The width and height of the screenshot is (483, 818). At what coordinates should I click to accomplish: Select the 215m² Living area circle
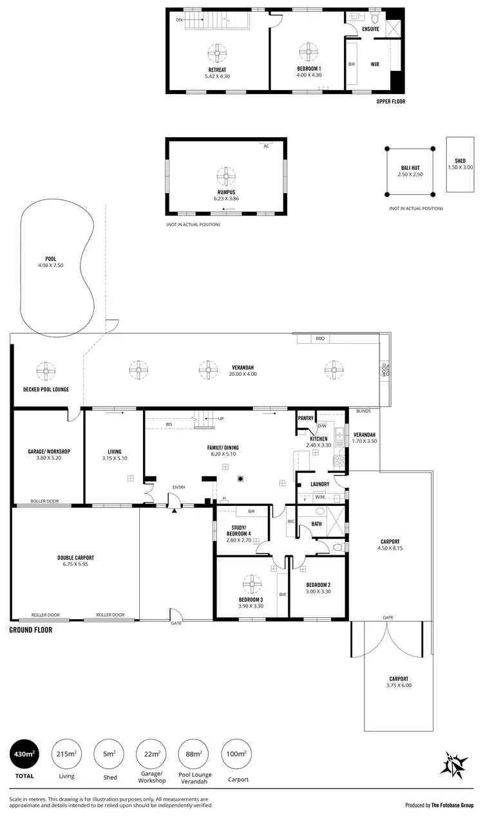66,753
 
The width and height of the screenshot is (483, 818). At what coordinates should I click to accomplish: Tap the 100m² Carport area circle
237,753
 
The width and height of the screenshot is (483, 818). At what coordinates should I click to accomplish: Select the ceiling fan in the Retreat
217,51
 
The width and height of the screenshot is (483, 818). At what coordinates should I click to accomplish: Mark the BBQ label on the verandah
320,338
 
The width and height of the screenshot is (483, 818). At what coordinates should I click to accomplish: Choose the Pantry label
306,418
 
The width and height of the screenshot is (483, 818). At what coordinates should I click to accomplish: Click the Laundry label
320,484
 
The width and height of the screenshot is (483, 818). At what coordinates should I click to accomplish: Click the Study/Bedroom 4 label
239,534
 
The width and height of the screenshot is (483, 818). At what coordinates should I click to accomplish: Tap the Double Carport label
75,557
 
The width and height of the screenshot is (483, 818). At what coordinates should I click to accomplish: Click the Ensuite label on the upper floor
370,29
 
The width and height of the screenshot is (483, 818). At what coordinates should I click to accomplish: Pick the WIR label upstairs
375,64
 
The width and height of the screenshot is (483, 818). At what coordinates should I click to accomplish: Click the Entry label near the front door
178,487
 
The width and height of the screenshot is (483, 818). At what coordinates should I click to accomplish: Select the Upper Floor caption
391,102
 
